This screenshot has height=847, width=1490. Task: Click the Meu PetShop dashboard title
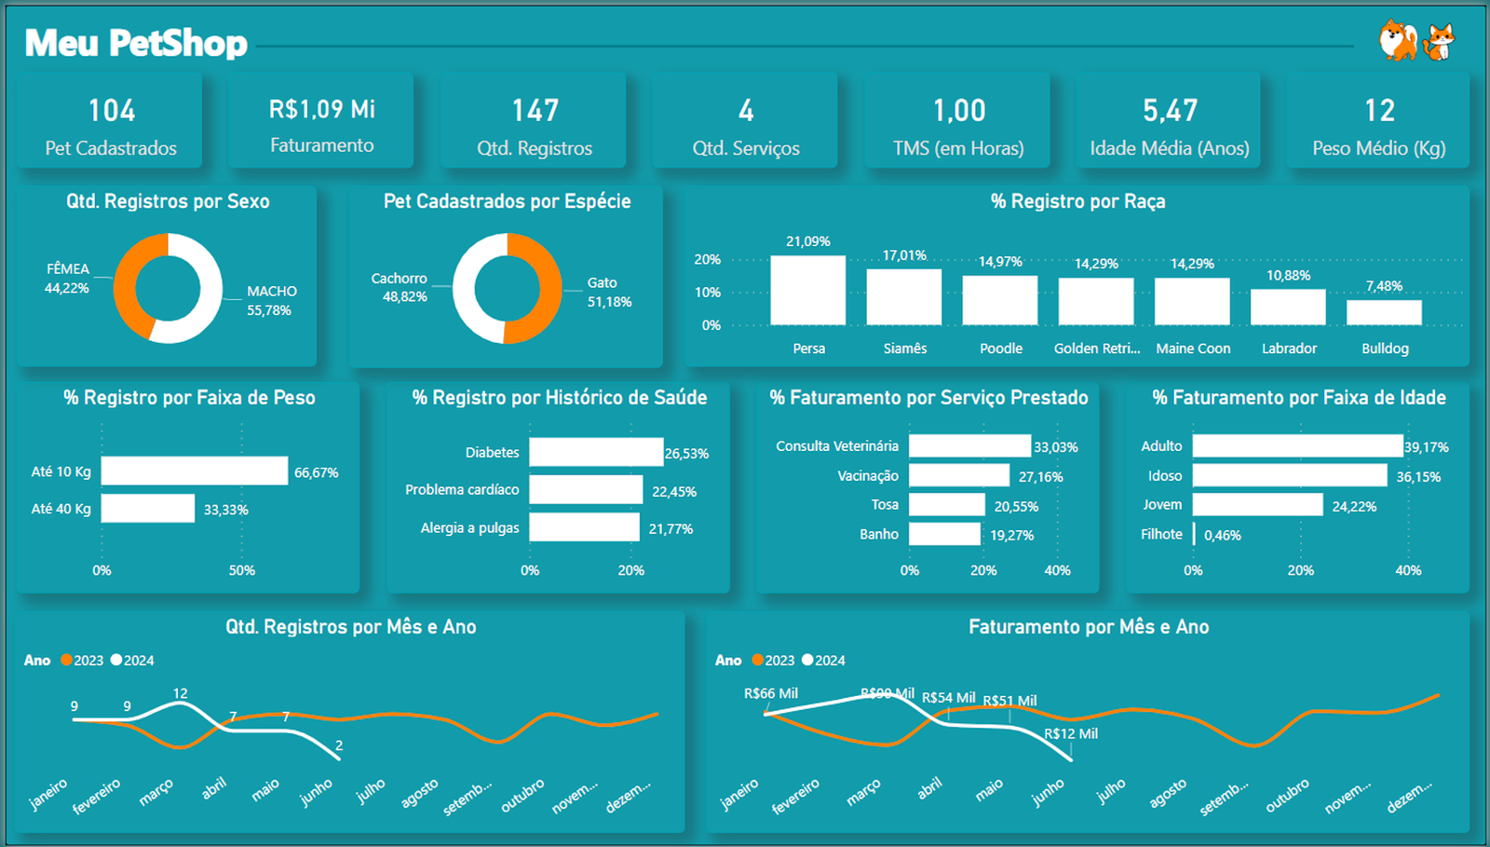(136, 43)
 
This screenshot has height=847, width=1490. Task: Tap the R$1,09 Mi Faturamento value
(321, 110)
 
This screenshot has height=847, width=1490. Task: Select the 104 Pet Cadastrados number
(112, 111)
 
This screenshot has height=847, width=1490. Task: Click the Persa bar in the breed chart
(807, 291)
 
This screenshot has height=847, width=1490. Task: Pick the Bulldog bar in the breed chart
(1384, 313)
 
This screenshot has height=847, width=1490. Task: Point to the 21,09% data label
(807, 241)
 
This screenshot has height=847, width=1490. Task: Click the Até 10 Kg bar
(194, 471)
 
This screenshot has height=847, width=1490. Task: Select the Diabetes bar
(596, 452)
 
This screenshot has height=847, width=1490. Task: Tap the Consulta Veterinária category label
(836, 446)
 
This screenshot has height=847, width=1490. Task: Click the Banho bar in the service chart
(944, 534)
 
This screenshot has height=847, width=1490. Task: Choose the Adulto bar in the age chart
(1297, 446)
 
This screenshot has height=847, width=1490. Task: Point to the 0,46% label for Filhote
(1222, 536)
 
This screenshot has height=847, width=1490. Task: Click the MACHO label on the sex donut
(271, 292)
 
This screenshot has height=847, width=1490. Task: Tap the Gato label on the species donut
(602, 282)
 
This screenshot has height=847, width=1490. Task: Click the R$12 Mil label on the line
(1071, 733)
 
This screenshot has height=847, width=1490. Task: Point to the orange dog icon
(1398, 40)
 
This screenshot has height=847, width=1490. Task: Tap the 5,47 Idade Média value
(1170, 111)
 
